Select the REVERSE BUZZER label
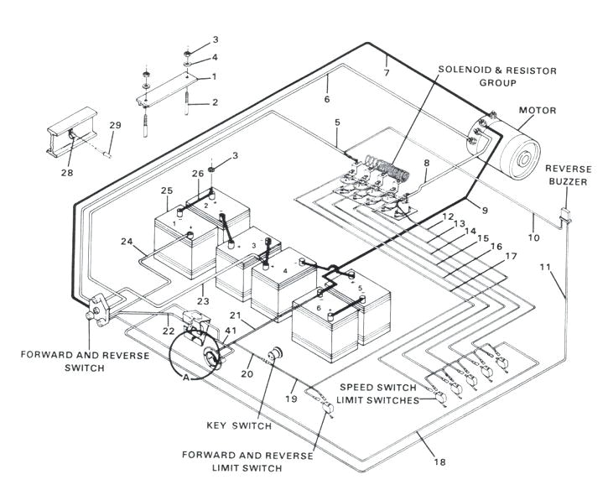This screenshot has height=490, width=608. pos(569,175)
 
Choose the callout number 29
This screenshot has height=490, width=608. pos(116,125)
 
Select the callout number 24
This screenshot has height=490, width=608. pos(127,242)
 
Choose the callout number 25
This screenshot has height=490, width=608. pos(167,191)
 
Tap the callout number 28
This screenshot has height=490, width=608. pos(66,174)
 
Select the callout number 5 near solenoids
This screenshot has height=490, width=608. pos(336,122)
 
